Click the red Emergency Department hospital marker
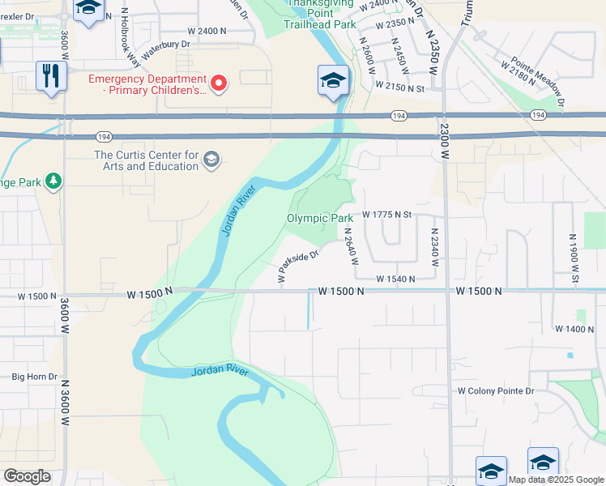(x=218, y=83)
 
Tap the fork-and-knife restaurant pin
(x=50, y=76)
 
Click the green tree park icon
(x=53, y=181)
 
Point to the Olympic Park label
(x=320, y=218)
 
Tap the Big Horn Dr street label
(x=34, y=377)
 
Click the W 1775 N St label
(x=388, y=215)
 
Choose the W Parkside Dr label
(x=298, y=266)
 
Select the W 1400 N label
(x=574, y=329)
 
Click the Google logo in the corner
(x=27, y=476)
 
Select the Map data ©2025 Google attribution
(x=556, y=480)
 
